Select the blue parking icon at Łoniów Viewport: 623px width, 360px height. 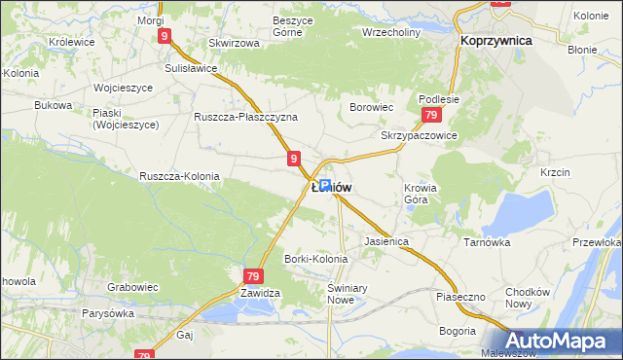[x=325, y=186]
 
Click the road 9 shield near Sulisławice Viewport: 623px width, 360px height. [x=165, y=36]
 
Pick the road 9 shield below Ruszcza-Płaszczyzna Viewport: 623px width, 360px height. [x=293, y=158]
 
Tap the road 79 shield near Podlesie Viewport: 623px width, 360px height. [x=428, y=115]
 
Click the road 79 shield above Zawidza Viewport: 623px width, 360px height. [x=252, y=276]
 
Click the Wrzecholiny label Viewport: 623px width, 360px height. [x=390, y=30]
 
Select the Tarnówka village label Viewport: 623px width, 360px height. [x=487, y=242]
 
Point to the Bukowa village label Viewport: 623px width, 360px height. [x=54, y=104]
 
